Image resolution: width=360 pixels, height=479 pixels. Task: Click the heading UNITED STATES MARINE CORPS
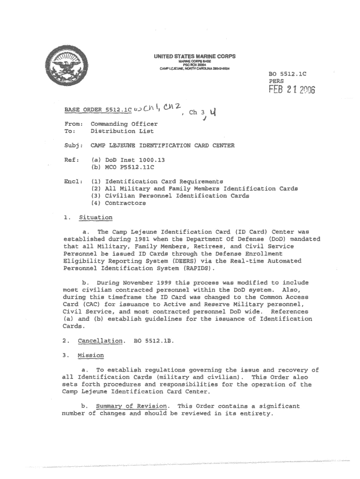195,57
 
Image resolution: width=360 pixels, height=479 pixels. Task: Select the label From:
73,124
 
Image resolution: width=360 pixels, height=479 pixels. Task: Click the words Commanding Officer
124,124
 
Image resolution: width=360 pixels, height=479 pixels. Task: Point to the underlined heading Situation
95,218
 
